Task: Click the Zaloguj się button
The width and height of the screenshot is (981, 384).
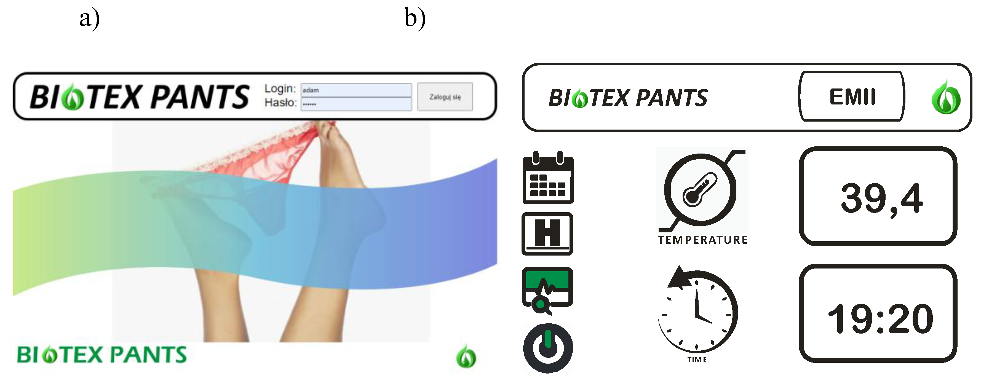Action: [x=445, y=97]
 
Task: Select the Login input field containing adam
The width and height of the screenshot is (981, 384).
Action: [x=356, y=90]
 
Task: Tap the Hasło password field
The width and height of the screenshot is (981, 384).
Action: [x=356, y=104]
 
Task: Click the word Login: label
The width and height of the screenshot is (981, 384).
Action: [x=280, y=89]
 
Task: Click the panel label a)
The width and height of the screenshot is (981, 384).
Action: [x=89, y=18]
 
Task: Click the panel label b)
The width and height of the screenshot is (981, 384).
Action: [x=415, y=18]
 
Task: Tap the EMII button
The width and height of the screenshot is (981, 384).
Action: [x=852, y=97]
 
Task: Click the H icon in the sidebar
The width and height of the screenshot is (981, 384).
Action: [x=547, y=233]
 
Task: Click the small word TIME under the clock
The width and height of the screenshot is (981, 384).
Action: [x=697, y=360]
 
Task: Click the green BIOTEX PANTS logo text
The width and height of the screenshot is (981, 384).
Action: [x=102, y=355]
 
